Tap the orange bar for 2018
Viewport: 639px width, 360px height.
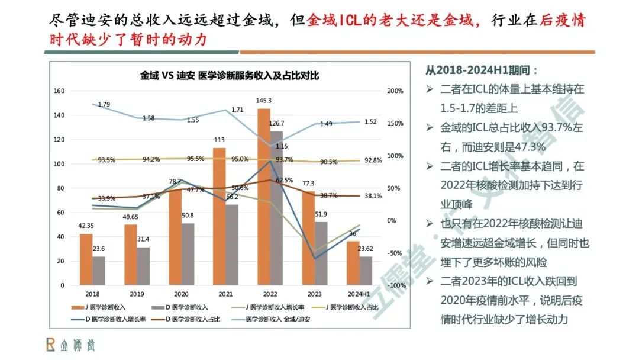86,259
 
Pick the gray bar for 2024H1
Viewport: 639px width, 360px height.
366,271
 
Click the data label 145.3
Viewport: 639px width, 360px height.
264,101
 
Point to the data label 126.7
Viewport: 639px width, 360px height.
276,123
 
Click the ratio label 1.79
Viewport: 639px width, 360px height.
104,105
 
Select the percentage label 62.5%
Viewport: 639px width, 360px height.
284,180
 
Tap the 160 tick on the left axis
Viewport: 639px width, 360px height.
59,91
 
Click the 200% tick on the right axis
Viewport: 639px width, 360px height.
395,91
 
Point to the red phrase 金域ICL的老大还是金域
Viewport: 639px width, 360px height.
391,21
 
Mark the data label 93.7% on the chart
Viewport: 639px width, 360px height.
284,160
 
